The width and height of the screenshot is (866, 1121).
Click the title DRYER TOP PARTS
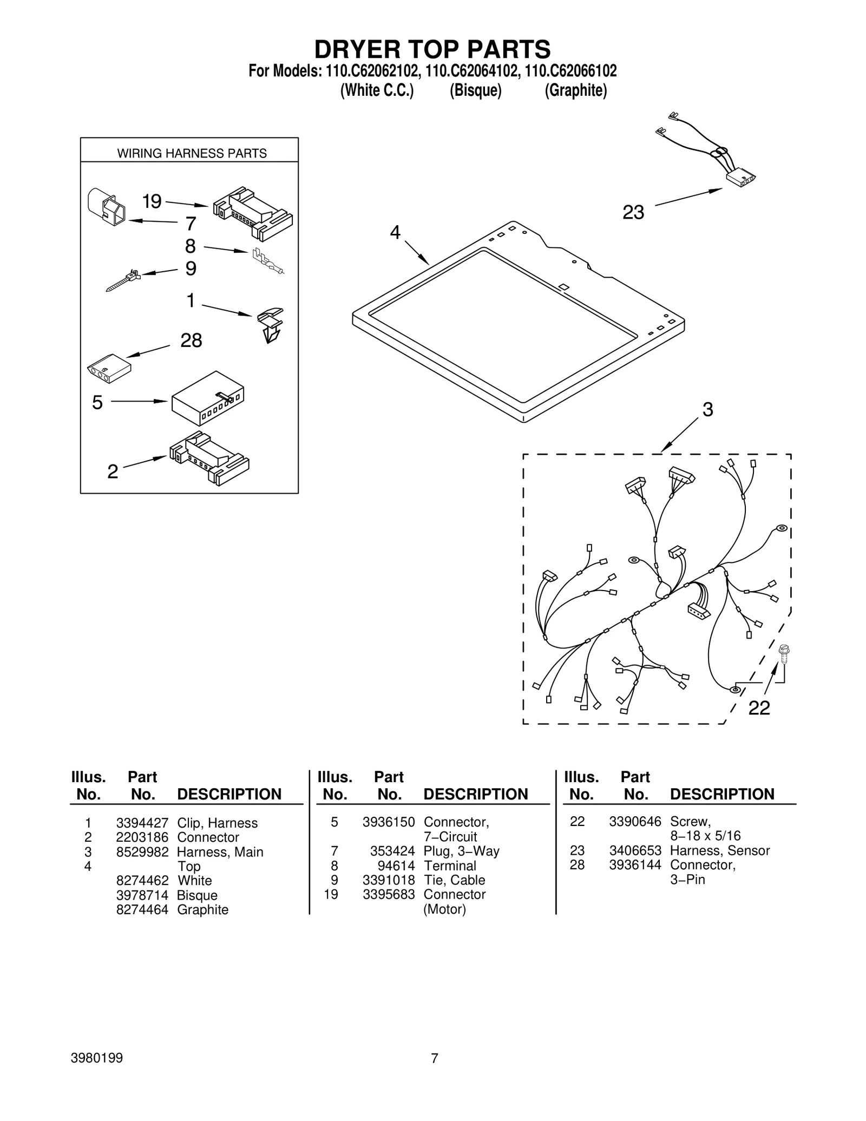432,49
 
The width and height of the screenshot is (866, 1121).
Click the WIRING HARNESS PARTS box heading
192,153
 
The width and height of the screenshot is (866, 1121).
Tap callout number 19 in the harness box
152,201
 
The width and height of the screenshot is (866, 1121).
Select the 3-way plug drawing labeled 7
107,207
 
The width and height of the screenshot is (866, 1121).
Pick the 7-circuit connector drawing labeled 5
208,399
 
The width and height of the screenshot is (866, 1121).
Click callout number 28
191,340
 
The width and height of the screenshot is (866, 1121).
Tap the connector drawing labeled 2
209,457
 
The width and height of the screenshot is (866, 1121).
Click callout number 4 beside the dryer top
395,233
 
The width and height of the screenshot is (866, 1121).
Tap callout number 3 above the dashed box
707,410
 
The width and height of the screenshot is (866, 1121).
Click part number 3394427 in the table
142,823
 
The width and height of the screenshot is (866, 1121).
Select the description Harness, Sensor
719,850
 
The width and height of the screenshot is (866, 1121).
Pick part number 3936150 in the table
389,822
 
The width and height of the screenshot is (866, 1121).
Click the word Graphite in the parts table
202,909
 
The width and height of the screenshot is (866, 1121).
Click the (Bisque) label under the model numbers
475,90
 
